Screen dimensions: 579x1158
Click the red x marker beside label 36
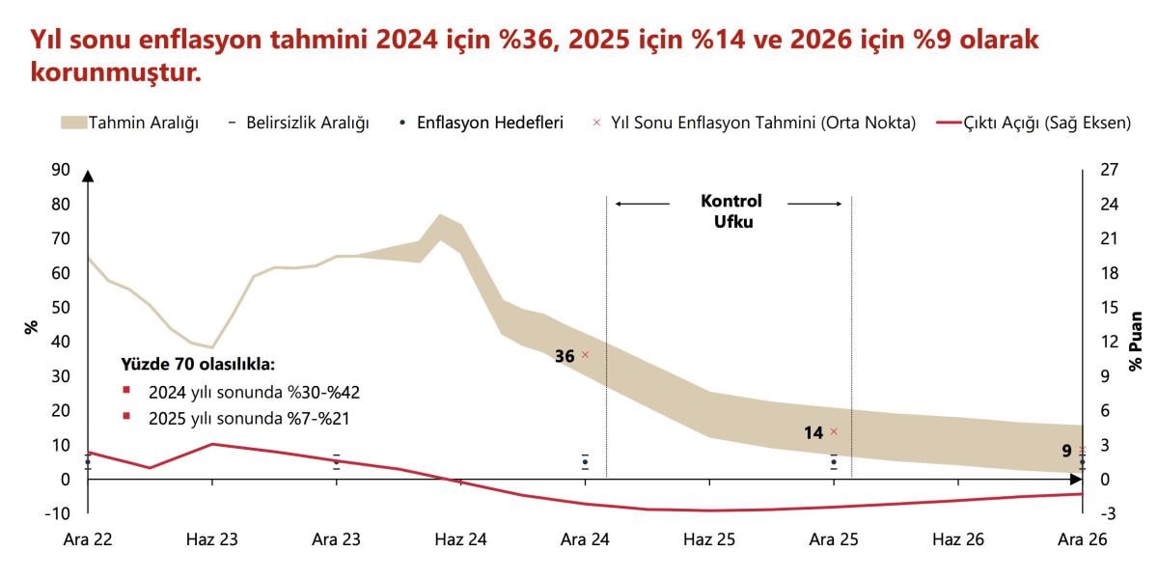coord(585,355)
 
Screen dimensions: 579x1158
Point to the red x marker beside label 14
coord(834,432)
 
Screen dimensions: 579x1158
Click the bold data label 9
coord(1066,451)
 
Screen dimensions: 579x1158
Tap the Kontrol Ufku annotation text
coord(731,210)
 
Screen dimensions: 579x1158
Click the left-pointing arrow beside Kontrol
coord(642,204)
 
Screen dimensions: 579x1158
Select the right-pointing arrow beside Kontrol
coord(815,204)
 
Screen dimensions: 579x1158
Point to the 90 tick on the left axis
coord(61,170)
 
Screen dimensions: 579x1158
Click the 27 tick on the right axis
coord(1109,170)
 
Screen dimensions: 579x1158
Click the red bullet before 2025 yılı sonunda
coord(125,419)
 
